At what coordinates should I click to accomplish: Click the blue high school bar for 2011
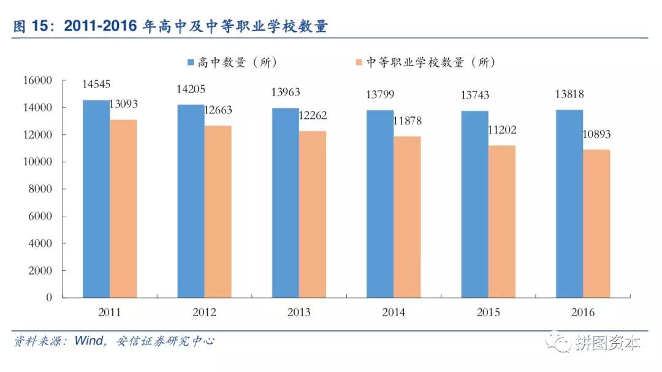pyautogui.click(x=96, y=199)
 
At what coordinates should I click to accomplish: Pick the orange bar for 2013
pyautogui.click(x=313, y=214)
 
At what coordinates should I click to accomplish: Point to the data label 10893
pyautogui.click(x=596, y=134)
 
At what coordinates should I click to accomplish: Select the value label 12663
pyautogui.click(x=218, y=110)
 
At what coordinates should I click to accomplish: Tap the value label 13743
pyautogui.click(x=474, y=95)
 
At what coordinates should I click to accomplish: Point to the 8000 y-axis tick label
pyautogui.click(x=42, y=189)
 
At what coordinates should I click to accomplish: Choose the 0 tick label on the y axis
pyautogui.click(x=49, y=298)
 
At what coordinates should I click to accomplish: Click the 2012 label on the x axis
pyautogui.click(x=204, y=313)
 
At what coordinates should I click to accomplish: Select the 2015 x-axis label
pyautogui.click(x=489, y=313)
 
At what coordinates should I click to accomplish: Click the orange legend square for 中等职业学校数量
pyautogui.click(x=359, y=63)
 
